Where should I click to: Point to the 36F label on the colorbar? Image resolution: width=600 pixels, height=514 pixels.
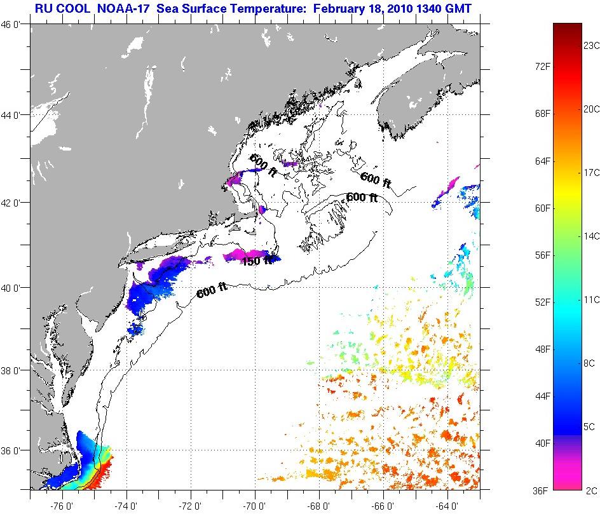[542, 490]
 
